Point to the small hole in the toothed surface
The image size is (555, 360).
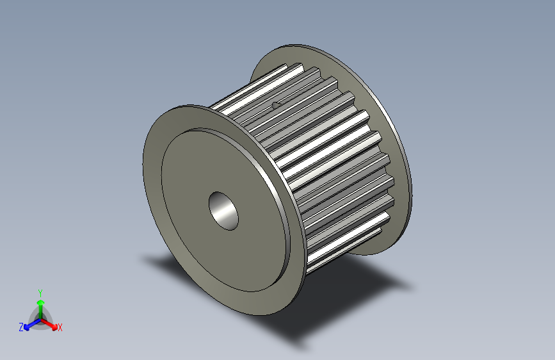(x=276, y=104)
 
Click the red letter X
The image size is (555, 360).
(x=60, y=327)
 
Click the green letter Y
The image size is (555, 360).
(x=40, y=291)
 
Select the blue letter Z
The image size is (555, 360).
(x=21, y=327)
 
